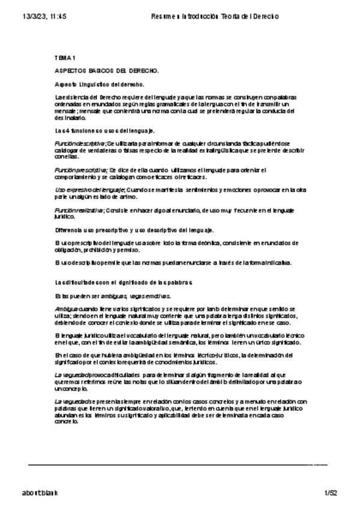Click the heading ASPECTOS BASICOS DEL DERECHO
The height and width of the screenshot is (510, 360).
(x=106, y=71)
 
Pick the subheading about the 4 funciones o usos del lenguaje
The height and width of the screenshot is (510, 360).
(x=105, y=130)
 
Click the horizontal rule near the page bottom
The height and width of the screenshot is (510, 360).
(x=178, y=464)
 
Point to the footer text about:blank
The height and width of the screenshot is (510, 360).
(x=40, y=493)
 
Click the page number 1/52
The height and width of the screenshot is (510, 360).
(x=331, y=493)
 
